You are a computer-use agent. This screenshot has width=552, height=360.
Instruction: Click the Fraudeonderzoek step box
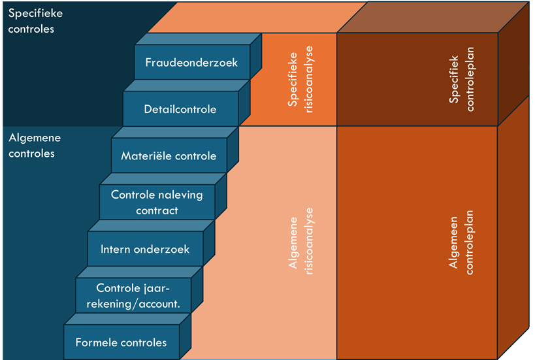tap(191, 63)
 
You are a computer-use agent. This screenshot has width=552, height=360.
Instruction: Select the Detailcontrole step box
tap(180, 109)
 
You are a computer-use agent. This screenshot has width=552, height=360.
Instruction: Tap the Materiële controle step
tap(169, 156)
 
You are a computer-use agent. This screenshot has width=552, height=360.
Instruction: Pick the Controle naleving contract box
tap(157, 203)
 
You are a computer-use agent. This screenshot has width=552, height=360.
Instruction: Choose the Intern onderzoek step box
tap(145, 249)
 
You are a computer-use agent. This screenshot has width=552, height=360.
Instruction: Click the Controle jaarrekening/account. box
tap(133, 295)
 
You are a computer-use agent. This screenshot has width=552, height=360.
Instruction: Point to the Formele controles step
tap(122, 342)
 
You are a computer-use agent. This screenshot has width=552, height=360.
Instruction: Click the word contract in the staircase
tap(157, 210)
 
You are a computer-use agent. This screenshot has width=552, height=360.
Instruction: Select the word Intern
tap(117, 249)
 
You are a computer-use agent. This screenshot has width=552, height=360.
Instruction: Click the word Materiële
tap(144, 156)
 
